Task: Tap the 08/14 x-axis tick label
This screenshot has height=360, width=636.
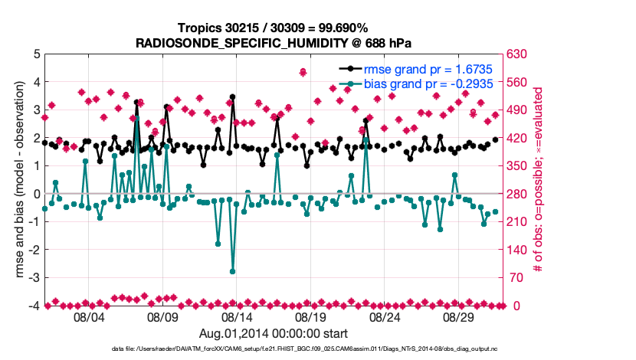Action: pos(237,316)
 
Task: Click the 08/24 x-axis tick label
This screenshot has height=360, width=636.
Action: pos(385,316)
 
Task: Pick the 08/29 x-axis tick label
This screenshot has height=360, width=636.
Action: pos(458,316)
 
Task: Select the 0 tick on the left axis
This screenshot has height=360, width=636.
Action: pos(36,194)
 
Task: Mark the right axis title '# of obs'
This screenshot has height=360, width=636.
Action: pos(539,180)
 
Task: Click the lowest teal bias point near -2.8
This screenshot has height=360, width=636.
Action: pos(232,271)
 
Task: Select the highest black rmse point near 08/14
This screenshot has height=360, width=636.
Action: pos(232,97)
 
